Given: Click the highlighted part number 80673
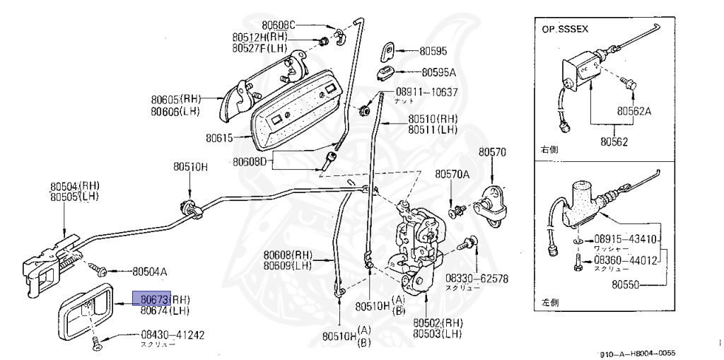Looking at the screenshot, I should [151, 299].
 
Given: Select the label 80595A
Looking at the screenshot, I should [438, 72].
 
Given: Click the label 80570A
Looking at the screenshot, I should [452, 174].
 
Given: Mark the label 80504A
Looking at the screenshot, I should [149, 271].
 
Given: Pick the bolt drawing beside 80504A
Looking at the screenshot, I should [98, 269].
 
